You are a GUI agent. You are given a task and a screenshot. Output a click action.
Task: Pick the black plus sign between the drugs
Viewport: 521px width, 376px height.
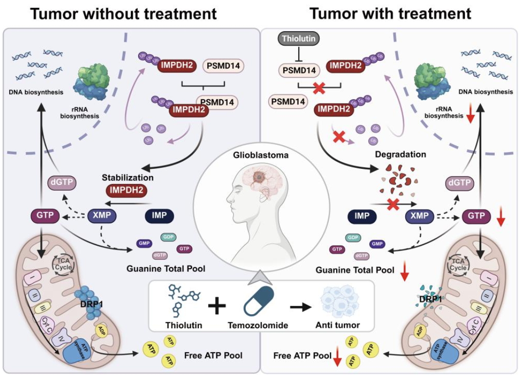pyautogui.click(x=217, y=306)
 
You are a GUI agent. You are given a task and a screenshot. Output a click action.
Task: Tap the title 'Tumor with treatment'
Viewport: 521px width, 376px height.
pyautogui.click(x=390, y=13)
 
